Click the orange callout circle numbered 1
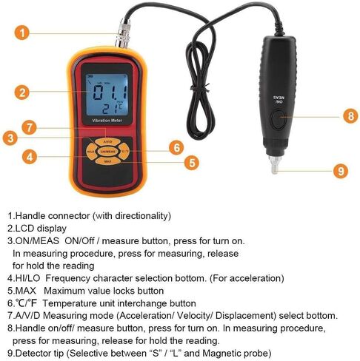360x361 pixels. point(24,33)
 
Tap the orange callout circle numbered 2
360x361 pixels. point(24,92)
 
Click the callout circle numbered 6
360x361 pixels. point(175,147)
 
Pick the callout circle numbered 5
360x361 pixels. point(192,162)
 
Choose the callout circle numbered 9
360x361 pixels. point(340,170)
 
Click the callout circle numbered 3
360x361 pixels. point(10,137)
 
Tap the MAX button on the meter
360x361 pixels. point(107,160)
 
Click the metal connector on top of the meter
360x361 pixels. point(120,34)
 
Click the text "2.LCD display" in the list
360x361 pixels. point(37,229)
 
